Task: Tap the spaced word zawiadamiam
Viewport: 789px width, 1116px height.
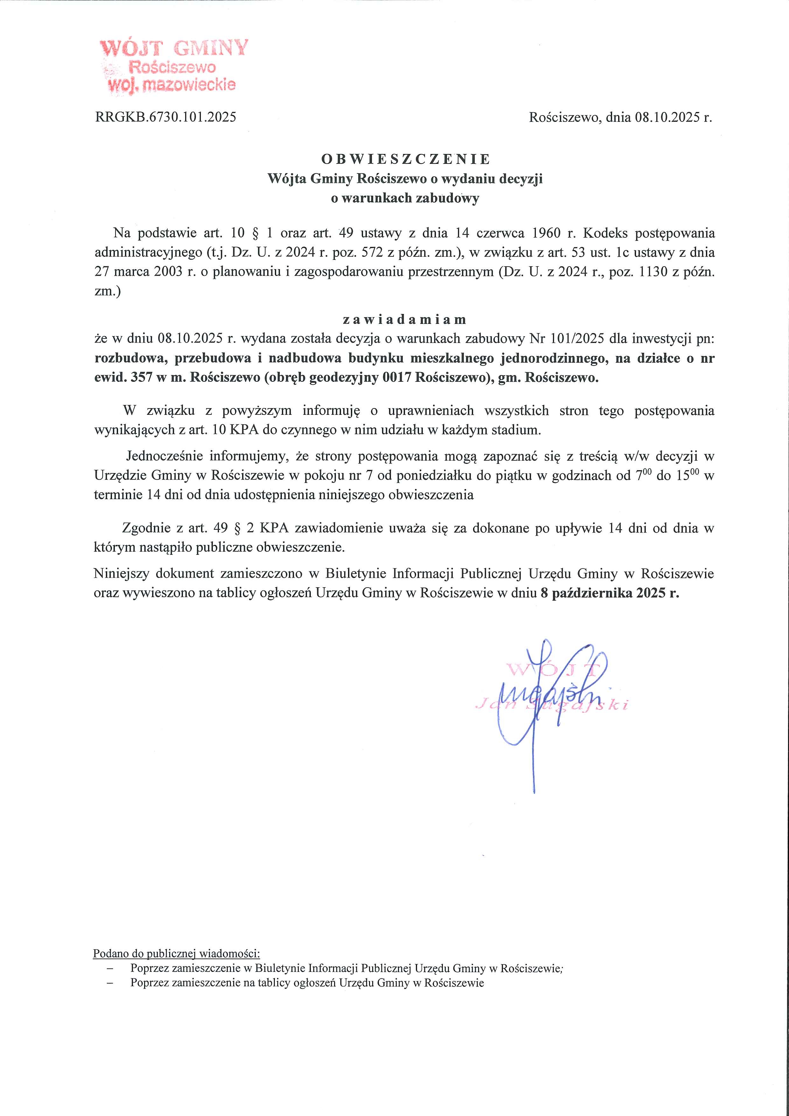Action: [x=404, y=320]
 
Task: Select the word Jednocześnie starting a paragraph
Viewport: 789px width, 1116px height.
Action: [x=164, y=457]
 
